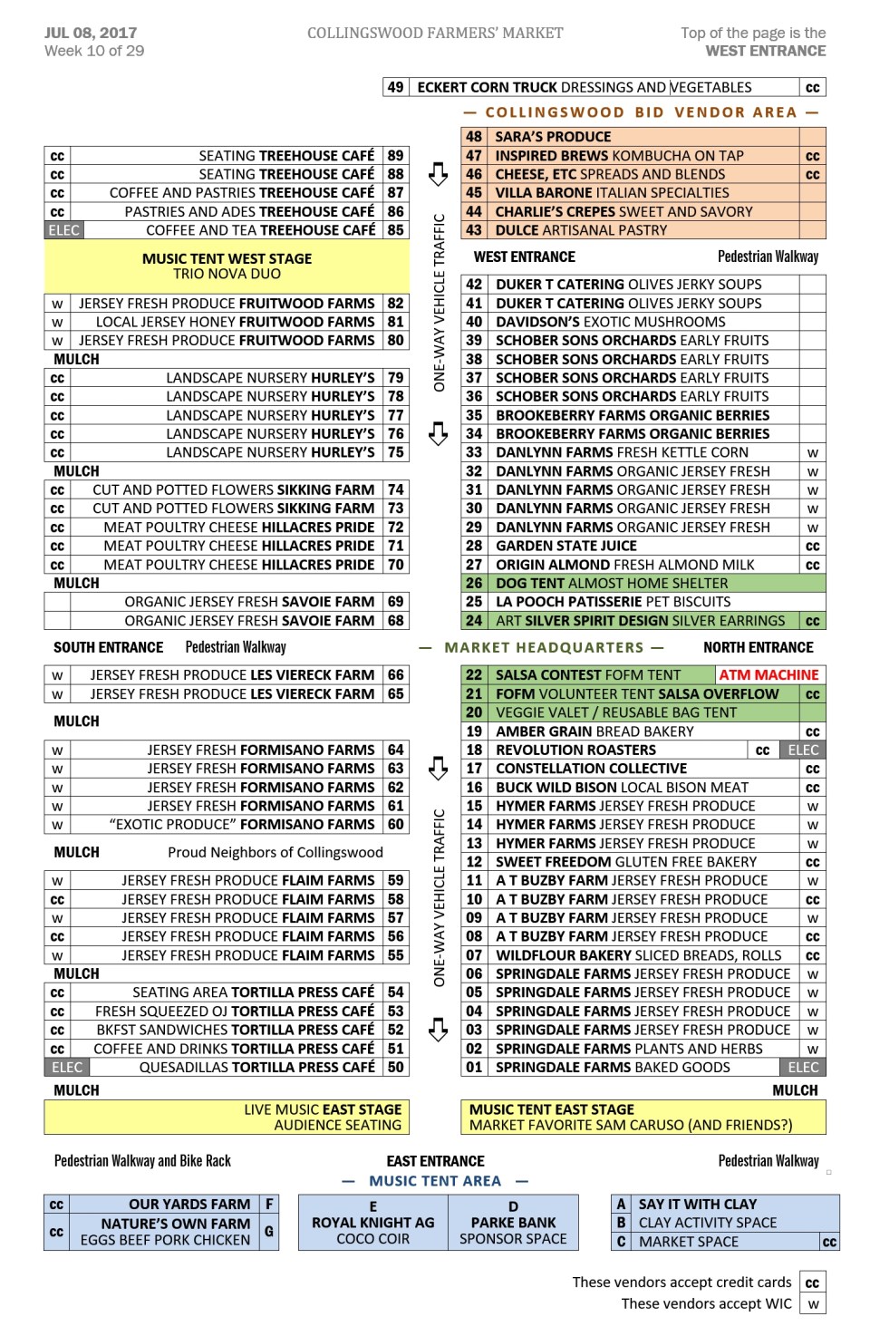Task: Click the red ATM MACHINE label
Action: pos(768,675)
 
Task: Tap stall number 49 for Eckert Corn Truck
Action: pos(395,87)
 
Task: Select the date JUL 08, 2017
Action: pos(91,33)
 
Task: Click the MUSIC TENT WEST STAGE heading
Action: pos(227,258)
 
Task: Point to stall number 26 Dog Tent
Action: pos(474,584)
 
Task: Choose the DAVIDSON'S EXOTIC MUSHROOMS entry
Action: pos(610,322)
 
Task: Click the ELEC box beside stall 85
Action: pos(63,230)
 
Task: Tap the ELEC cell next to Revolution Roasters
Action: pos(803,750)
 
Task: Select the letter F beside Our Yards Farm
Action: pos(269,1204)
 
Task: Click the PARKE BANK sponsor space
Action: pos(513,1223)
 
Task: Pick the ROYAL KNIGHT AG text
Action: pos(372,1223)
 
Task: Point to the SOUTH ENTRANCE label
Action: pos(108,647)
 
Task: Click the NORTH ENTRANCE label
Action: pos(758,647)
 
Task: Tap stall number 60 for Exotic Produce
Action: pos(396,825)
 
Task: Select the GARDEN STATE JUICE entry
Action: pos(565,546)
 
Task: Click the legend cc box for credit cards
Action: pos(813,1283)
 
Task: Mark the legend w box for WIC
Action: pos(813,1304)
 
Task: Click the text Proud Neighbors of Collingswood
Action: pos(275,853)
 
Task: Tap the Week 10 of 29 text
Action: pos(94,51)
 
